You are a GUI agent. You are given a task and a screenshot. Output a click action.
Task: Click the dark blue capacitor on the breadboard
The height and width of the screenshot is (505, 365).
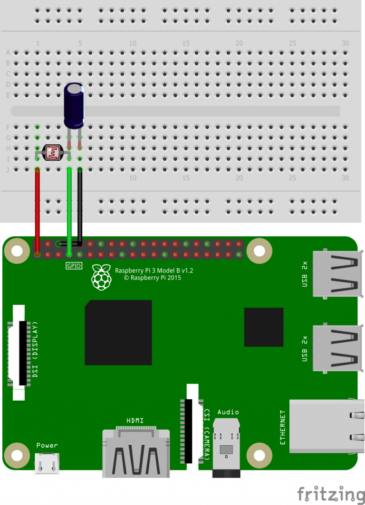75,105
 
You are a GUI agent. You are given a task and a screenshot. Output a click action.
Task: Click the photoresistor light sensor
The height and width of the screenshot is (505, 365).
53,153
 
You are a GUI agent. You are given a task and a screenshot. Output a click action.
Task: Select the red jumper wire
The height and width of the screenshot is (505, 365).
37,204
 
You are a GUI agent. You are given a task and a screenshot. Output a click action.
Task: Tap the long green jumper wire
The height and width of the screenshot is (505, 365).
69,204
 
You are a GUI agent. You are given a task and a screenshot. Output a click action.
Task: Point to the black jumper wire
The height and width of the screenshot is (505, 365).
80,204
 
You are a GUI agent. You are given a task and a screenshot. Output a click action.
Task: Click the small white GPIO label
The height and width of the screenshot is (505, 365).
74,266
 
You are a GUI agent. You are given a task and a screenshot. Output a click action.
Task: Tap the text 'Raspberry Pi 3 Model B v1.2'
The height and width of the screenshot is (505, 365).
154,270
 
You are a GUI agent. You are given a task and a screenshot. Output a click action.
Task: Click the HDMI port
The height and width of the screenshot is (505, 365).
136,453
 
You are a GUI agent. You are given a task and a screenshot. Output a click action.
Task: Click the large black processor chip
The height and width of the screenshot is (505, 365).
118,332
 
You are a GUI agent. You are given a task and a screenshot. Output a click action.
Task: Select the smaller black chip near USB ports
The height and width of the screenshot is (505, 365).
264,327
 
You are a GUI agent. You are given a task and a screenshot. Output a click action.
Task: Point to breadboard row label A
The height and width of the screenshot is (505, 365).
8,52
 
